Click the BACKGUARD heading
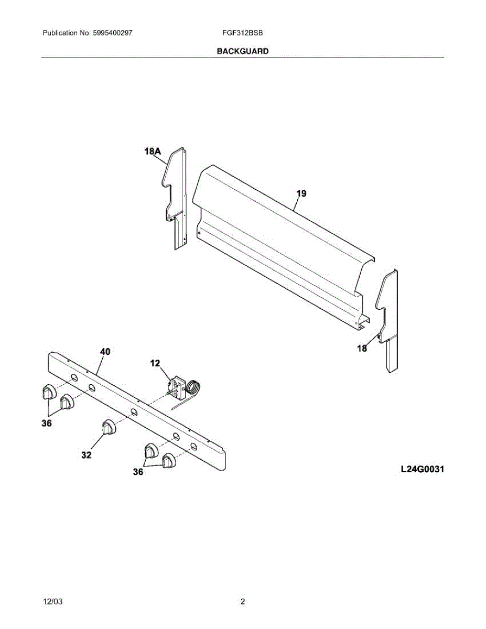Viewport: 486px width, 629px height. [242, 51]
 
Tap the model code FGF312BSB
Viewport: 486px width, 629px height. [242, 32]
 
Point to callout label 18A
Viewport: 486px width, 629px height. [153, 151]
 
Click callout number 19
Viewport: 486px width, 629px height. [301, 193]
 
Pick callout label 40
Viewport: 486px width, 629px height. [105, 352]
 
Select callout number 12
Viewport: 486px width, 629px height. [155, 363]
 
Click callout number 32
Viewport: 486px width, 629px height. [86, 455]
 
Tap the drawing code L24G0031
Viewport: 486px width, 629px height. [422, 469]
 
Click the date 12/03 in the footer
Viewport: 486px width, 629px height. [52, 602]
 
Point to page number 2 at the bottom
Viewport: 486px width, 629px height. [243, 602]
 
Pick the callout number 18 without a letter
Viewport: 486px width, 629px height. [362, 348]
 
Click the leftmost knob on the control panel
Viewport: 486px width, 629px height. [48, 392]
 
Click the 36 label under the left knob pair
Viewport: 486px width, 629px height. [47, 424]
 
